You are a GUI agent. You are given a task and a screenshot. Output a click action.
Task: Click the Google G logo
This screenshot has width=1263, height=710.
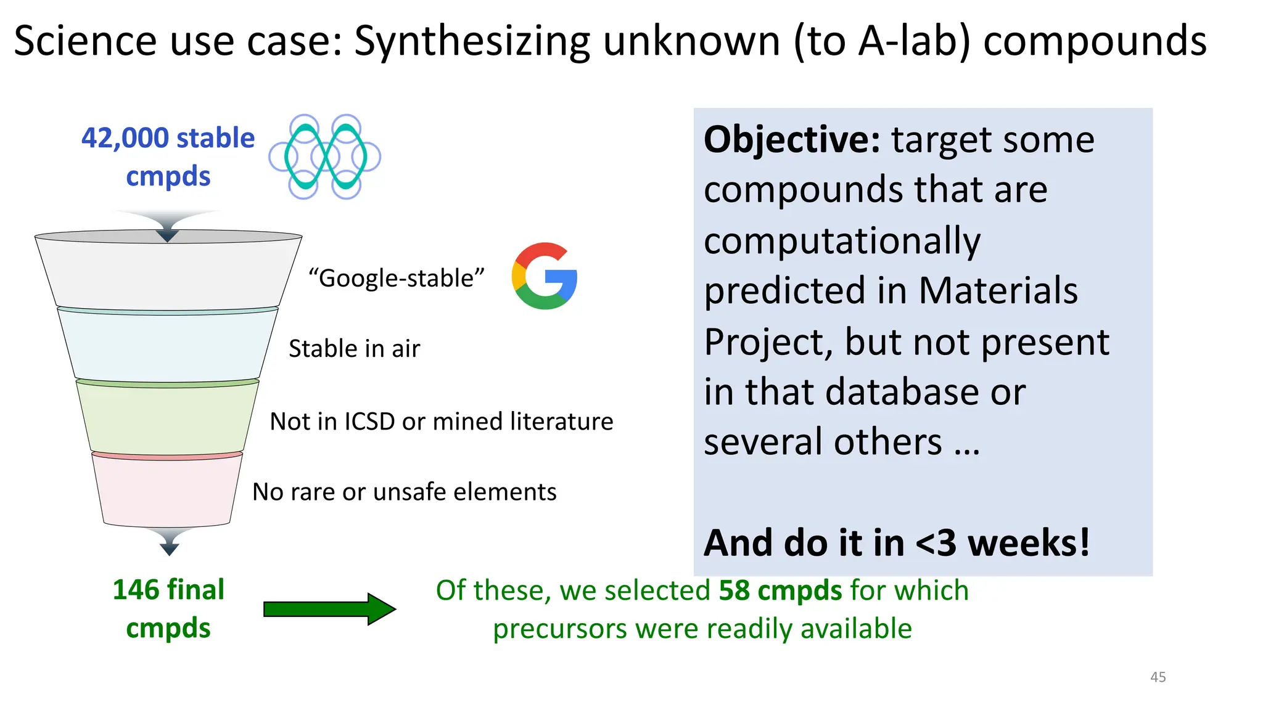[545, 275]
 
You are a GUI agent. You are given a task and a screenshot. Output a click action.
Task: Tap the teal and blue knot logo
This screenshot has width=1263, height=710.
[325, 157]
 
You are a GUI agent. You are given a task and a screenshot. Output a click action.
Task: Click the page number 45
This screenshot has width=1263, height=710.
[1158, 677]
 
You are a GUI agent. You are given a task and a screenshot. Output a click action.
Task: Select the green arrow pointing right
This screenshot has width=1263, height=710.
[329, 609]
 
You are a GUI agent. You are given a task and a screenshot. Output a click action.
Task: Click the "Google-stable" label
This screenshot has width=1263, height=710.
[397, 278]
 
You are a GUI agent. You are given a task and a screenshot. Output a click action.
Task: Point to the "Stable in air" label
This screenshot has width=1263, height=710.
[354, 349]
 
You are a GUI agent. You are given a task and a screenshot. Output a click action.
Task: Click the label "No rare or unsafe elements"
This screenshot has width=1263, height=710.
[404, 492]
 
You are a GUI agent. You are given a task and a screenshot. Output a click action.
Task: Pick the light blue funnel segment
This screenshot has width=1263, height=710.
[167, 346]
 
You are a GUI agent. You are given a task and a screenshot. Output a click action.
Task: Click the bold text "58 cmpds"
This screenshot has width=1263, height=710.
[780, 590]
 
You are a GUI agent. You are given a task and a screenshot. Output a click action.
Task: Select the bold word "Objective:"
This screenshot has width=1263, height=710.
[792, 139]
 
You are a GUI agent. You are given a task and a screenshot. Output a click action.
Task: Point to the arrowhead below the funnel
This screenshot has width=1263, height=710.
[169, 546]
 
